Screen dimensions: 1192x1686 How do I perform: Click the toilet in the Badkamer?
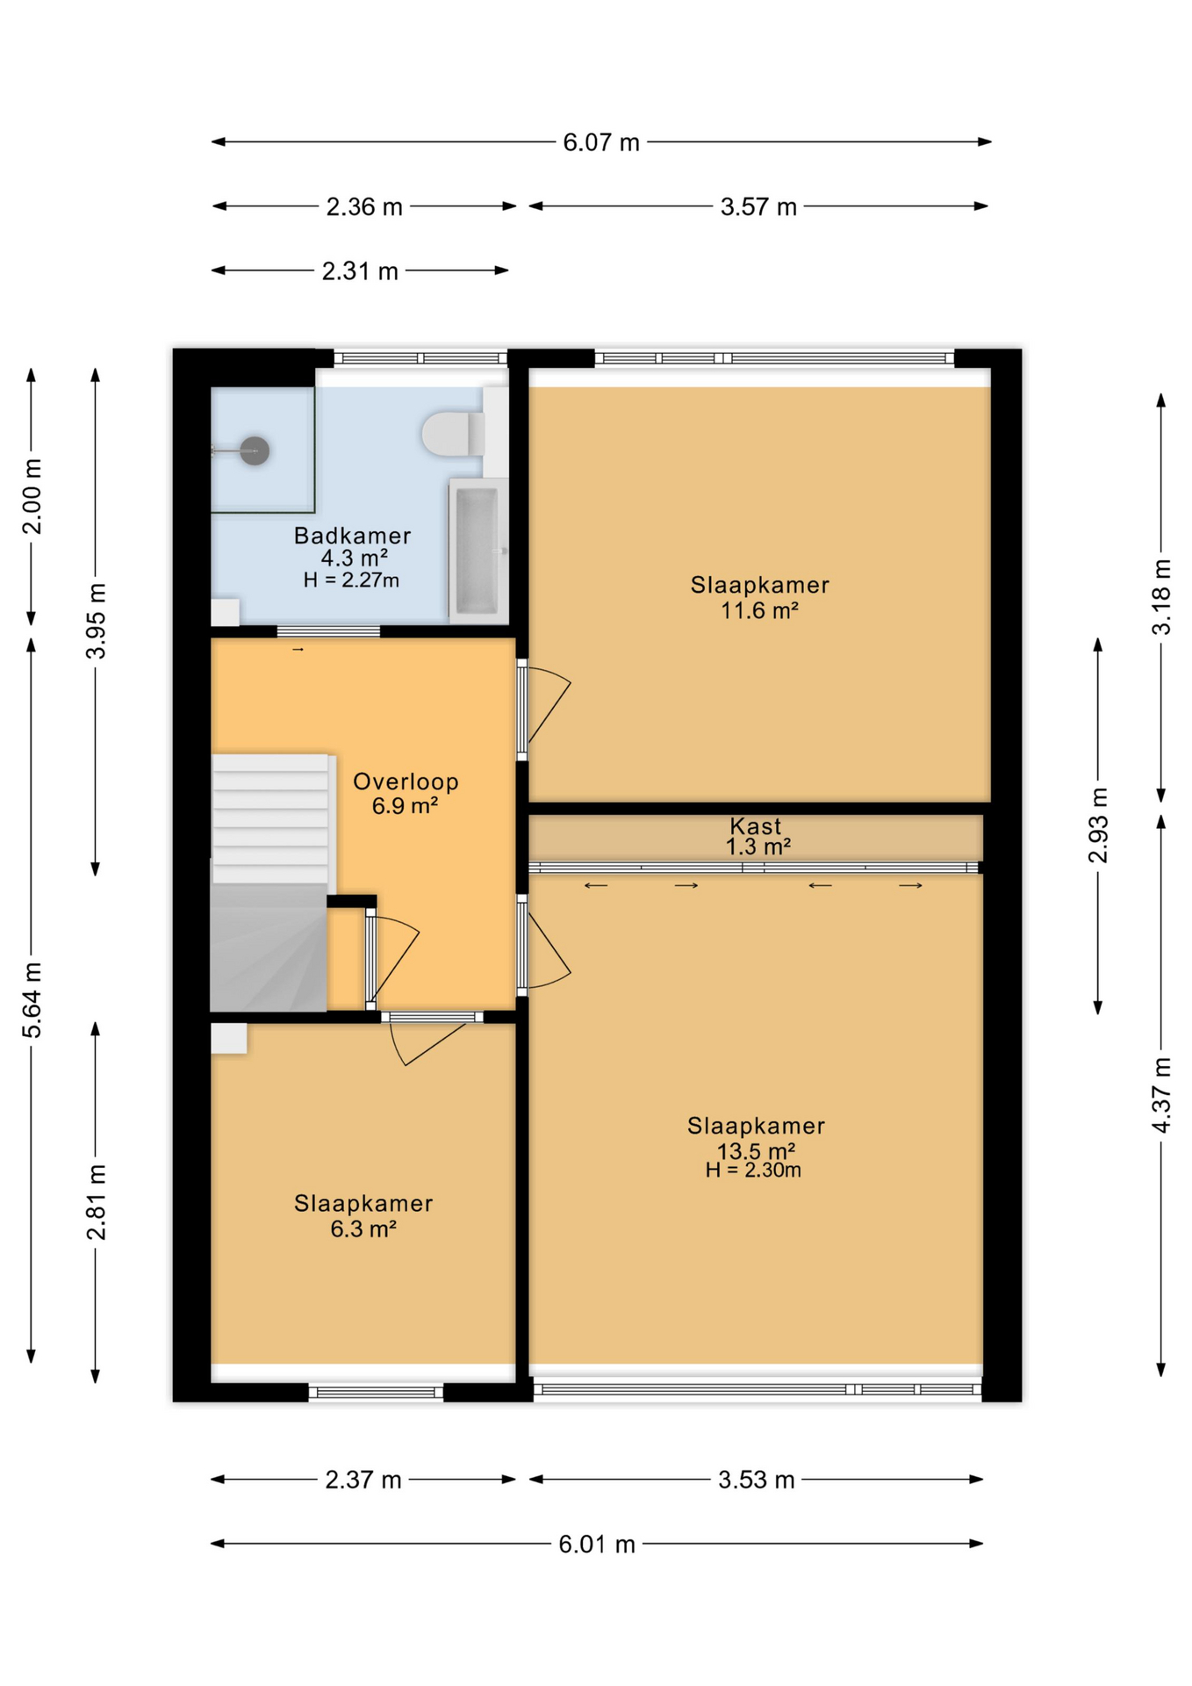pos(453,433)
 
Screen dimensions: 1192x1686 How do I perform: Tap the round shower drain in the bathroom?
pos(255,450)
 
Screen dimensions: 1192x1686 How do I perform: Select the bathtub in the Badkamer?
pos(478,551)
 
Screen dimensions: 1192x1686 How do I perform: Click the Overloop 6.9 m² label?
pos(406,793)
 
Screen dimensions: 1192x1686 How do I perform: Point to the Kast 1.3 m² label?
pos(757,836)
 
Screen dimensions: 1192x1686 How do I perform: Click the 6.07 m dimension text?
pos(601,142)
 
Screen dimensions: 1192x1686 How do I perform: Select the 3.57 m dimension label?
pos(758,207)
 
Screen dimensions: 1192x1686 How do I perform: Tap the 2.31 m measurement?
pos(360,271)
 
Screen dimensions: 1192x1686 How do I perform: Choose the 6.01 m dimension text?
pos(597,1544)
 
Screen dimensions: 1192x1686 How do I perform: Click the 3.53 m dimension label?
pos(757,1480)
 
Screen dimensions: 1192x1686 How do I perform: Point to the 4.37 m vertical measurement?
pos(1161,1095)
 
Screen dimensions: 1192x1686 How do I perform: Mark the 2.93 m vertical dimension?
pos(1098,825)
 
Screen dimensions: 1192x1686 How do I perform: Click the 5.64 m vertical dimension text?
pos(32,1000)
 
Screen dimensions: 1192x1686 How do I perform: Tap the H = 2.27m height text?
pos(351,580)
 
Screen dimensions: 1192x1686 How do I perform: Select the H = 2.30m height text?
pos(753,1170)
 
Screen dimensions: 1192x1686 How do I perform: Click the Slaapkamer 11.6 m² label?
pos(759,597)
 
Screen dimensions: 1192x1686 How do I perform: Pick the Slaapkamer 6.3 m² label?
pos(363,1215)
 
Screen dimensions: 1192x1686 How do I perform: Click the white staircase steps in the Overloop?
pos(271,818)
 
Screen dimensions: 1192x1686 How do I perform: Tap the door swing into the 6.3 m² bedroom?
pos(427,1044)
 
